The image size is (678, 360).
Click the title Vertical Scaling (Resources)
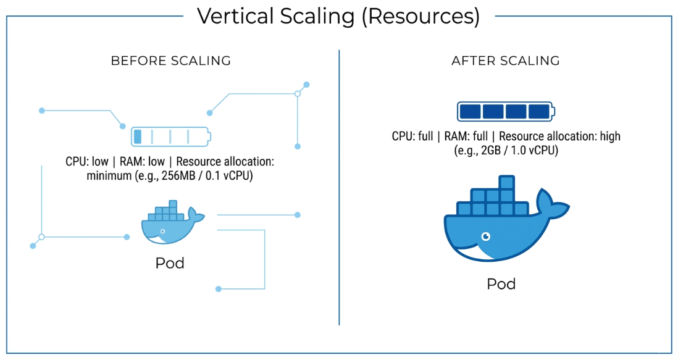pos(338,17)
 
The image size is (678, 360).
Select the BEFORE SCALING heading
pos(171,61)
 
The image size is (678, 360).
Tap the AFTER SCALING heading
pos(506,61)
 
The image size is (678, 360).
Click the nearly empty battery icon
pos(170,136)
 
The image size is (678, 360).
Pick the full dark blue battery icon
pos(506,112)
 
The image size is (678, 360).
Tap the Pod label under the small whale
pos(170,263)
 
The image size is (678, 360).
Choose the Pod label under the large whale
pos(501,284)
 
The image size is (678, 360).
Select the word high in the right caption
pos(608,136)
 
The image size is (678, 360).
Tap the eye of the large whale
pos(486,236)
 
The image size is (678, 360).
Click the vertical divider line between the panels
pos(339,185)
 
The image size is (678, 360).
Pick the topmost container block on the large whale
pos(506,182)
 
